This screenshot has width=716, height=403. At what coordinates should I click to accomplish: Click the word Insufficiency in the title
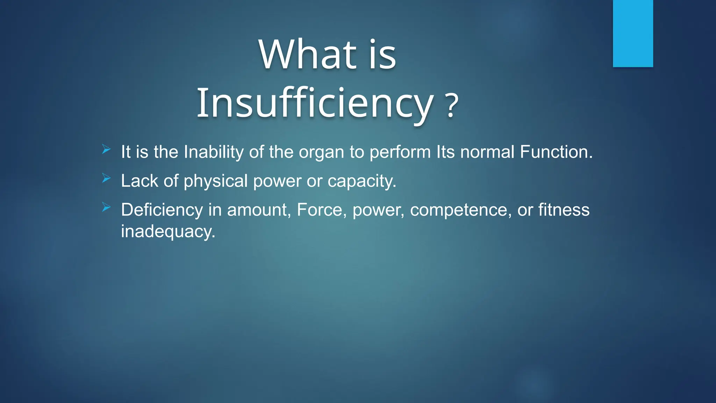(x=315, y=104)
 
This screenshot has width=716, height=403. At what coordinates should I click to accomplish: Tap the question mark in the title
(x=452, y=105)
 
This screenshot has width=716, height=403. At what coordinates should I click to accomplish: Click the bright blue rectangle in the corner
(x=633, y=33)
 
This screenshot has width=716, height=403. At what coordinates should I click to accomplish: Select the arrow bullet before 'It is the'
(x=106, y=150)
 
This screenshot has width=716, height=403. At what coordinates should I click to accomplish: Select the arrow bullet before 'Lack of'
(x=106, y=179)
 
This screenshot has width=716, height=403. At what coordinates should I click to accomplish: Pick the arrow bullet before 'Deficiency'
(x=106, y=208)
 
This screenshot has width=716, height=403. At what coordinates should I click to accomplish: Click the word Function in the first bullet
(x=556, y=152)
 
